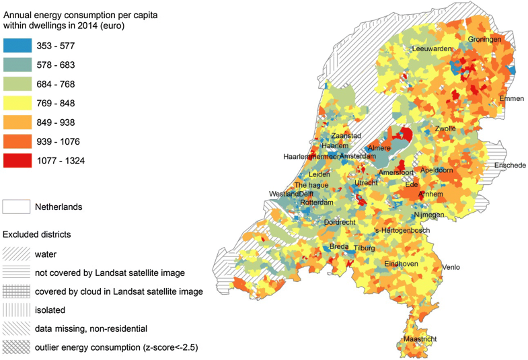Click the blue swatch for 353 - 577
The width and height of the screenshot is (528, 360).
(x=17, y=46)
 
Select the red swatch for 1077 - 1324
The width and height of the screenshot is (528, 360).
(x=17, y=160)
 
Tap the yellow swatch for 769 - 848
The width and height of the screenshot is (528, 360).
(x=17, y=104)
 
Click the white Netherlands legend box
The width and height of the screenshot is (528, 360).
(x=17, y=207)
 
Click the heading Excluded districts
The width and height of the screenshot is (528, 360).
(x=37, y=235)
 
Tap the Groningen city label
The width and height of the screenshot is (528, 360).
(x=485, y=40)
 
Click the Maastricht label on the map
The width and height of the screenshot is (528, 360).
(x=420, y=340)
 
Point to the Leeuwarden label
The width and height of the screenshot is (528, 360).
(x=431, y=49)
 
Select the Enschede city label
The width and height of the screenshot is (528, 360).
(x=510, y=166)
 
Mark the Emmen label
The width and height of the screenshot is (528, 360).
(x=511, y=99)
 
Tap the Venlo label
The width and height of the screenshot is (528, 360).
(x=451, y=267)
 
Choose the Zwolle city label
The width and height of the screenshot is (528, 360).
(x=445, y=129)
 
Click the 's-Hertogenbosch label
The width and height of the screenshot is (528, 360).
(x=402, y=230)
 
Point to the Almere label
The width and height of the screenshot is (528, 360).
(x=379, y=148)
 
